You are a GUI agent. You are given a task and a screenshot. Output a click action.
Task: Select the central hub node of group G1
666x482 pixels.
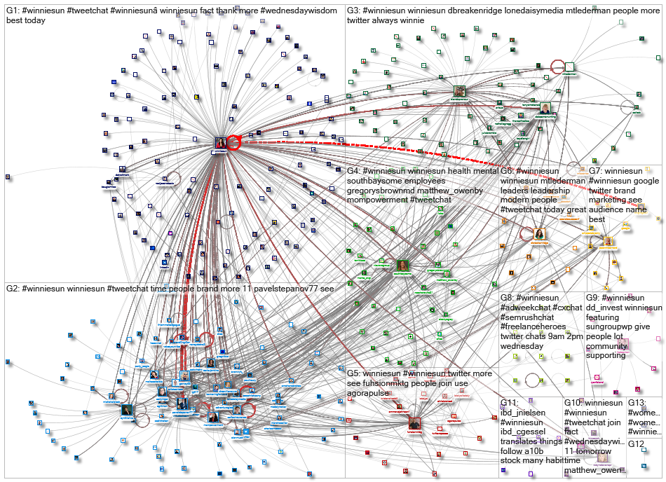(x=221, y=143)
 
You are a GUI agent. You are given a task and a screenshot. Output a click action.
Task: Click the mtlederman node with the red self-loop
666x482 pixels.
(x=569, y=67)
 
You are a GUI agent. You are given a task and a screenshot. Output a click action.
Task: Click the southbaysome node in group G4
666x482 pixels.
(x=403, y=266)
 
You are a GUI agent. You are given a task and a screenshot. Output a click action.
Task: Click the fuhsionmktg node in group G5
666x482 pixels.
(x=414, y=423)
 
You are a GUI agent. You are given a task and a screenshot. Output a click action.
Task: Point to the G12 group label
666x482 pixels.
(x=636, y=444)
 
